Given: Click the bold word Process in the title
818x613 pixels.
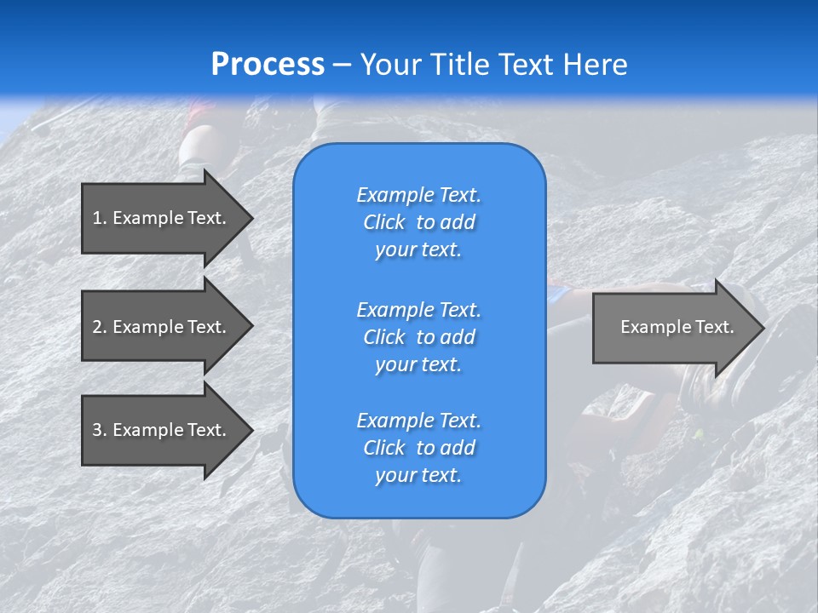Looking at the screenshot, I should (x=268, y=65).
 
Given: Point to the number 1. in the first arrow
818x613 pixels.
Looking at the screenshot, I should (x=100, y=218).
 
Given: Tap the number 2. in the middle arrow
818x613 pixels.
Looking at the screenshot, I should (x=100, y=327).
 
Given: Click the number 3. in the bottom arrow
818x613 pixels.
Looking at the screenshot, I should (x=100, y=430).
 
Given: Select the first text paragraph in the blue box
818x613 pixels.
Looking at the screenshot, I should (x=419, y=222).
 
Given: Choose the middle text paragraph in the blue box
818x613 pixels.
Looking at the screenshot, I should (x=419, y=337).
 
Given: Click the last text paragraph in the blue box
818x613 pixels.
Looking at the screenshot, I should (x=419, y=448).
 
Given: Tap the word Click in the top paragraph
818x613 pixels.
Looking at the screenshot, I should (x=384, y=222).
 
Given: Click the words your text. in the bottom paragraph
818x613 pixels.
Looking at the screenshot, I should (x=418, y=476).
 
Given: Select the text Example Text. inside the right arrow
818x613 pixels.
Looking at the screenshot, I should (x=677, y=327).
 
